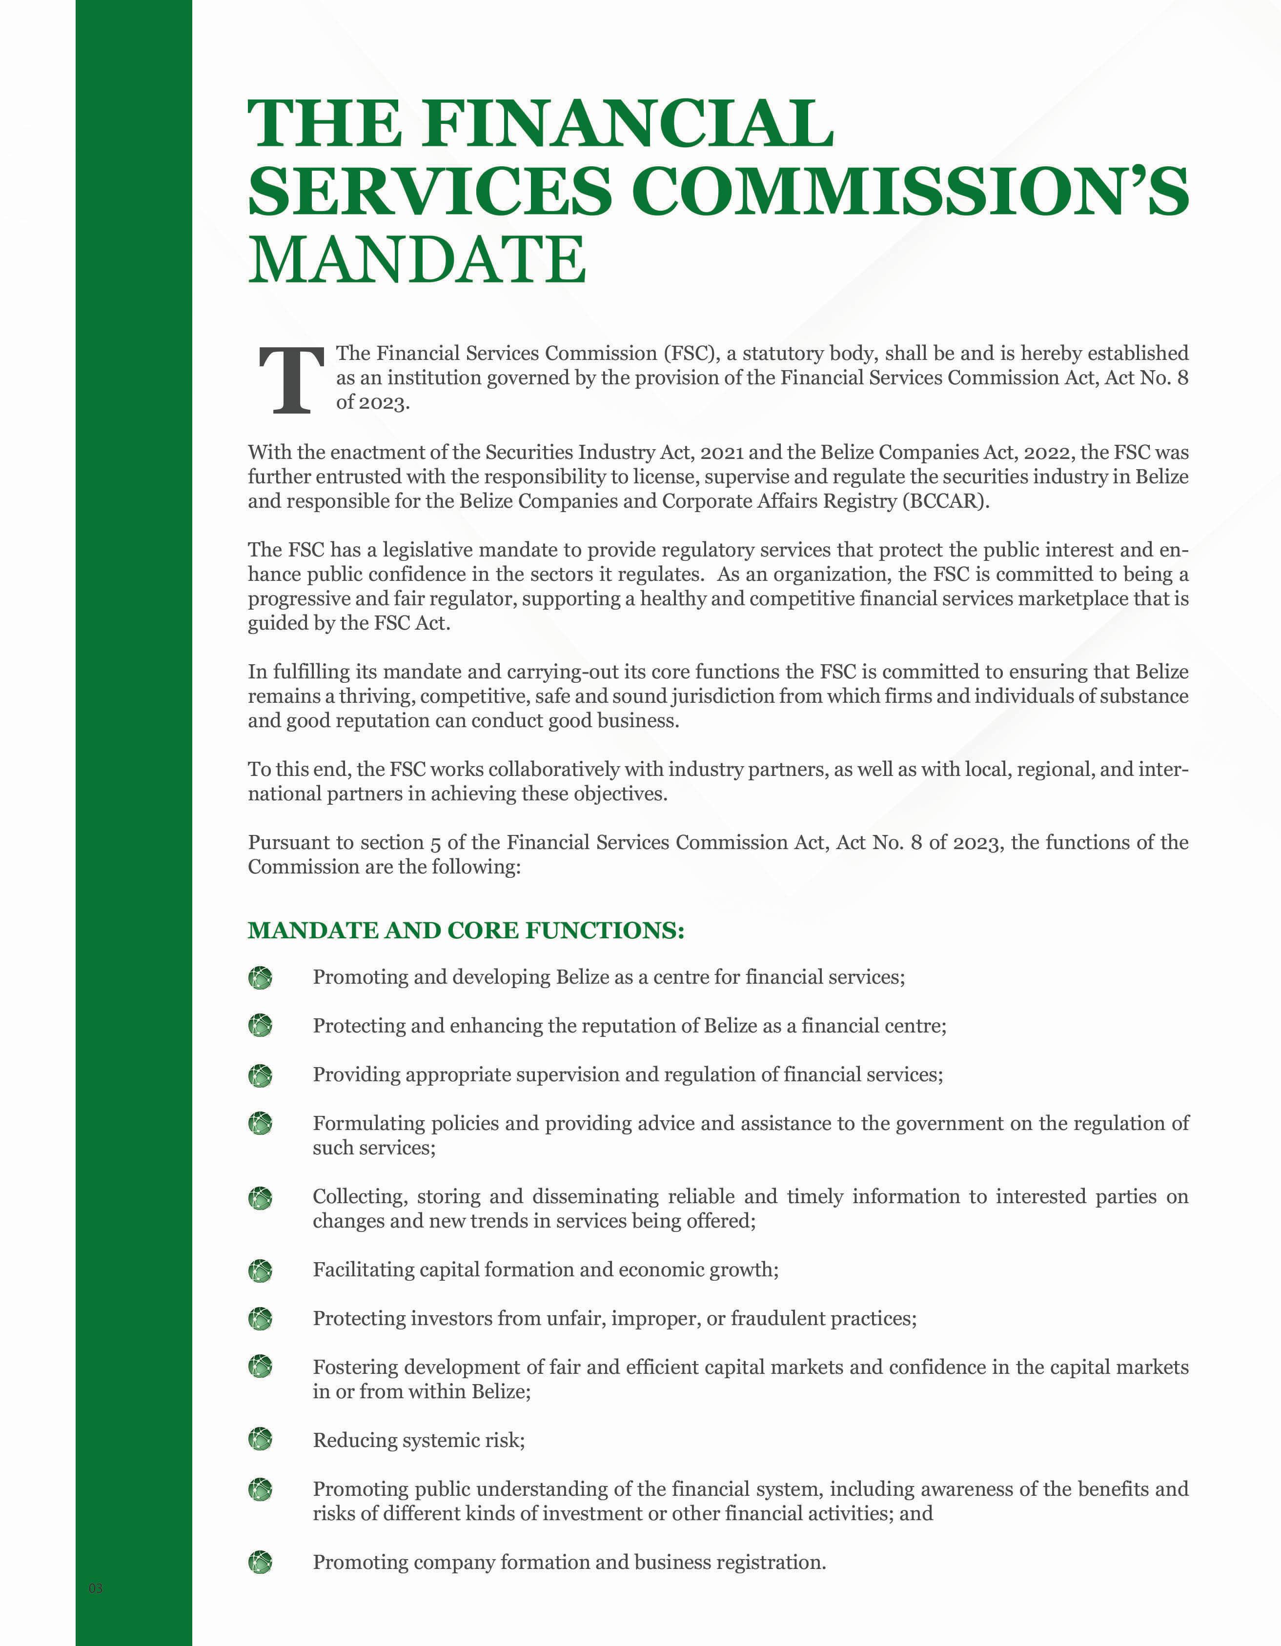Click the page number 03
tap(96, 1588)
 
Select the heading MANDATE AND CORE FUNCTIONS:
tap(466, 930)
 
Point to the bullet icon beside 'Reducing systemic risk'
tap(260, 1440)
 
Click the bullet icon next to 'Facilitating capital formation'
tap(260, 1270)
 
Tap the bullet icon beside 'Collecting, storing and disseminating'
tap(260, 1198)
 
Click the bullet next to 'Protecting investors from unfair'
tap(260, 1318)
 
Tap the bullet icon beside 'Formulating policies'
tap(260, 1124)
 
